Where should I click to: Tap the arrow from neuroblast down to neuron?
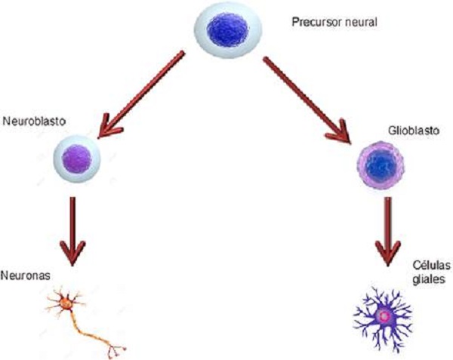73,230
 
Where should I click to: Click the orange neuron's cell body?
66,303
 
